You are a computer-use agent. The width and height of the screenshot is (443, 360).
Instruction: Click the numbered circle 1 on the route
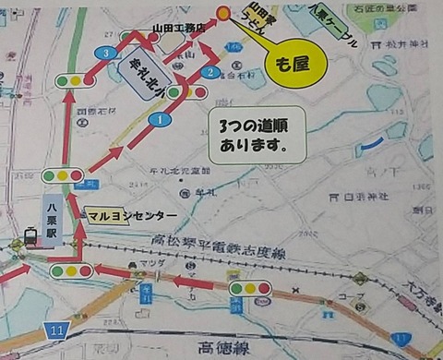160,119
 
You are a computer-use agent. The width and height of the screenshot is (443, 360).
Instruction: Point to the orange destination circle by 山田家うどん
222,13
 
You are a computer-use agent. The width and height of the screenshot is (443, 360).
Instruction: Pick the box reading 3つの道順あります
254,138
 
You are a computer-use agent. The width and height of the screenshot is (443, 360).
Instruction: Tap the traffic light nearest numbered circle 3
72,80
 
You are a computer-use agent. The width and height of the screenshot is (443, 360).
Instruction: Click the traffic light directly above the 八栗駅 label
62,174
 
